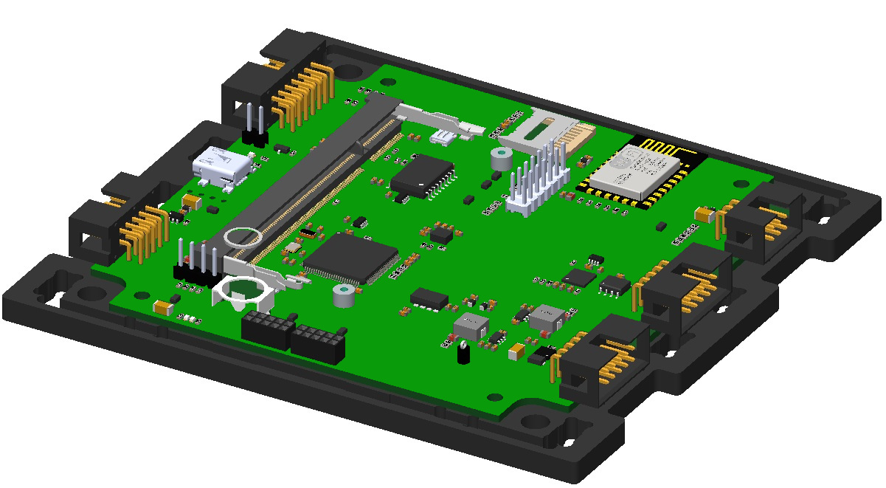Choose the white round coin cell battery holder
tap(243, 292)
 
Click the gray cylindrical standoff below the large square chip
tap(343, 296)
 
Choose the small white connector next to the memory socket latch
tap(444, 136)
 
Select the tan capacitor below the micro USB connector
tap(191, 200)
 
